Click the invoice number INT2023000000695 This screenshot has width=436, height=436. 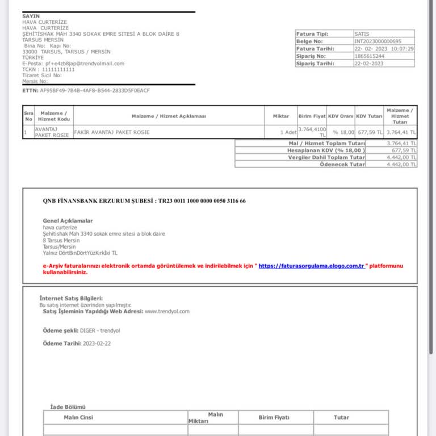coord(378,41)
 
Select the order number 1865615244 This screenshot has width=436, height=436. coord(369,56)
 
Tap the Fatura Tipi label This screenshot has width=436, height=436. coord(312,34)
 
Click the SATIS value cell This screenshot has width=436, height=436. coord(362,34)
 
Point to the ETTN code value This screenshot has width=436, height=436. coord(95,90)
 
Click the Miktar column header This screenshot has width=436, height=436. coord(280,116)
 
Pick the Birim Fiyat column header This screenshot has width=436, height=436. coord(312,116)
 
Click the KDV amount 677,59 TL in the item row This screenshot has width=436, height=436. coord(370,132)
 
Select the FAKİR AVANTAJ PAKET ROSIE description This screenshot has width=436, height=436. coord(111,132)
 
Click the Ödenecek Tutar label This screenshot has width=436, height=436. coord(342,164)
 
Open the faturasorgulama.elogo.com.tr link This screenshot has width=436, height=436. coord(312,266)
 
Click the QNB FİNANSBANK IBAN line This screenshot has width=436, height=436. coord(144,201)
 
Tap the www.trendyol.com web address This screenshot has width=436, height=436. coord(167,311)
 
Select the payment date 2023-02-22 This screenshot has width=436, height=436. coord(97,343)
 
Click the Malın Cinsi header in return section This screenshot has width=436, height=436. coord(78,418)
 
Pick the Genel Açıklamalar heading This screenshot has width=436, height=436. coord(68,221)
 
